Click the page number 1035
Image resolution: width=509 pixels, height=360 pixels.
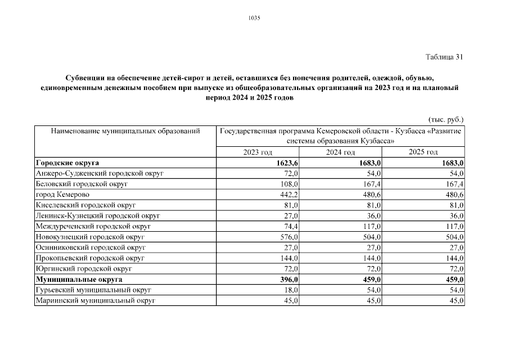(254, 18)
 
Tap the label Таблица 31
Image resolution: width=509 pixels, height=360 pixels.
(444, 57)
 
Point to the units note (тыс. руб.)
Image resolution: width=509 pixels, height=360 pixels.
(446, 120)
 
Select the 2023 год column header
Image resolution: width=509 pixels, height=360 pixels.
(258, 152)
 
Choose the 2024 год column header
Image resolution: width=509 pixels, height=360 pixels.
(340, 152)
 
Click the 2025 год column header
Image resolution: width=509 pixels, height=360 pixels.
(423, 152)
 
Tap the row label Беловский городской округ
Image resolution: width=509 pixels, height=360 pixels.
(82, 184)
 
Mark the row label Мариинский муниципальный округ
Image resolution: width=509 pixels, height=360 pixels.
(95, 300)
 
